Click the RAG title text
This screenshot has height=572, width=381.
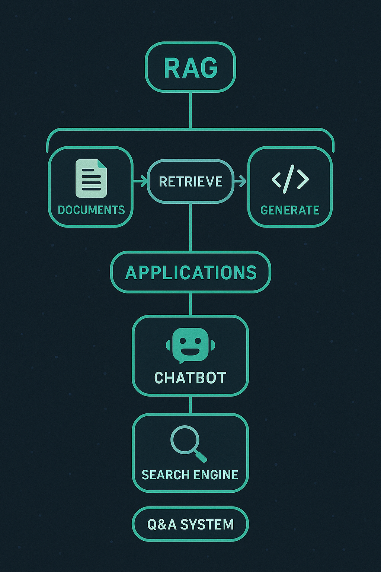click(x=190, y=68)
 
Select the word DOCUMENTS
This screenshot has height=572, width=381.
click(x=91, y=210)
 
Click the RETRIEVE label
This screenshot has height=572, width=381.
click(x=190, y=182)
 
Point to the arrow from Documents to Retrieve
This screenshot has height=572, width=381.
click(x=140, y=182)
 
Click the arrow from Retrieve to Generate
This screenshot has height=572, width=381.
click(x=240, y=182)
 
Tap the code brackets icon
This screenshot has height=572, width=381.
click(x=290, y=179)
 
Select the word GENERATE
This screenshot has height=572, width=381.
click(x=290, y=210)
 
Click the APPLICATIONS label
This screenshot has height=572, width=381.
click(x=190, y=273)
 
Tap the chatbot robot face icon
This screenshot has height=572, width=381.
click(x=190, y=345)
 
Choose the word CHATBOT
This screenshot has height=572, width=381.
click(x=190, y=378)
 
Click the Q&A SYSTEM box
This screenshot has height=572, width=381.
click(x=190, y=524)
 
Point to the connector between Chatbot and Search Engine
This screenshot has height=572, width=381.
click(x=190, y=405)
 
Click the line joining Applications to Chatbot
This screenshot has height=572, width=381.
click(x=190, y=304)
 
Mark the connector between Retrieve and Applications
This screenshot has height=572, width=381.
click(x=190, y=227)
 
